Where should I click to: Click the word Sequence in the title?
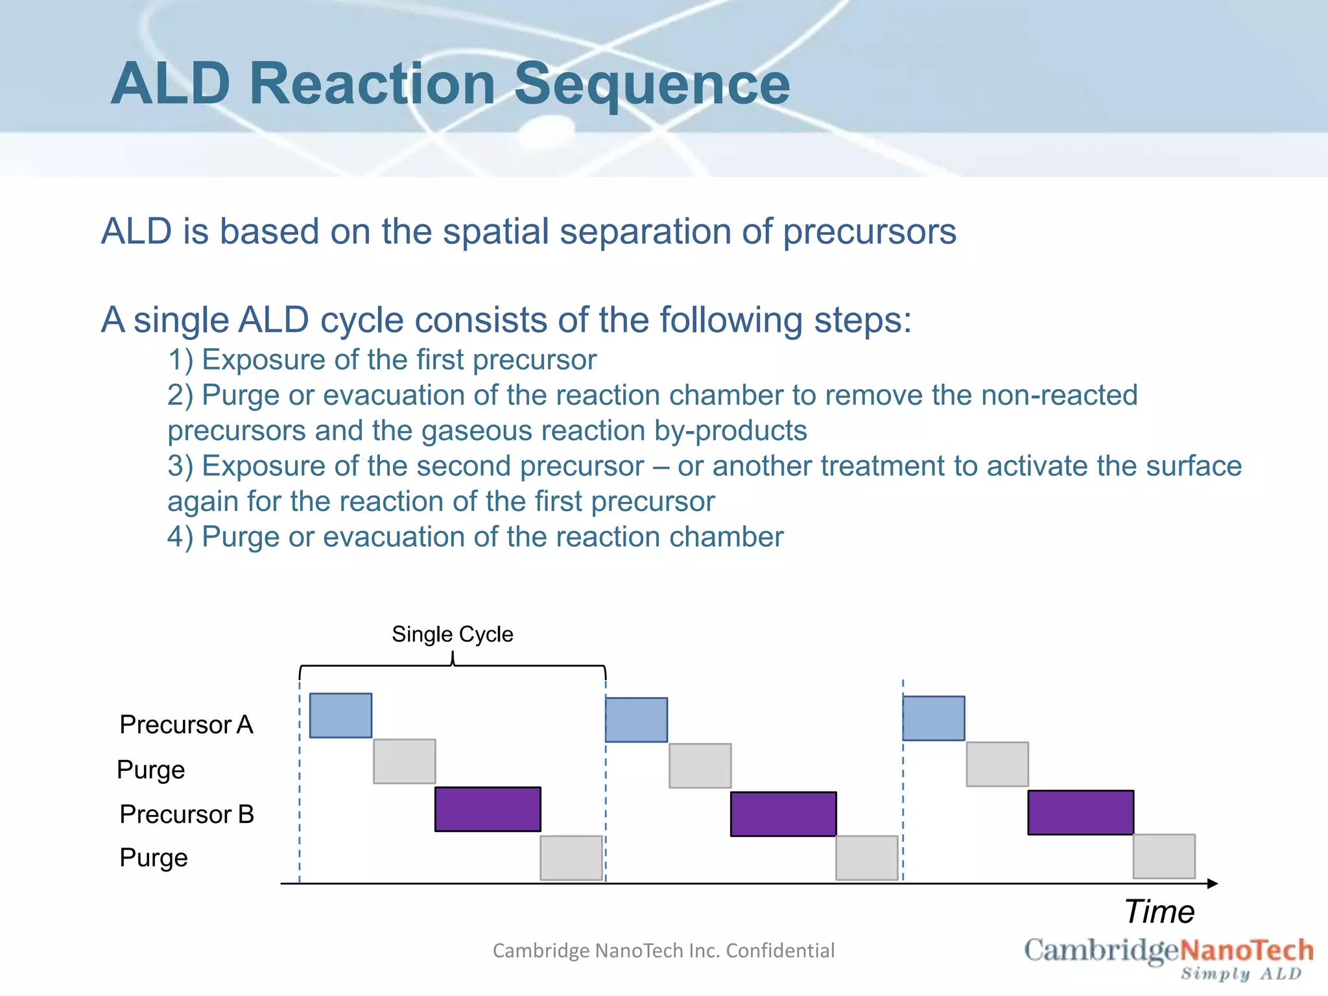coord(652,84)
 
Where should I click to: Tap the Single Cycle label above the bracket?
coord(452,634)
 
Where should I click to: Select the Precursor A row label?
coord(186,724)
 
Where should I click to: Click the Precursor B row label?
coord(187,814)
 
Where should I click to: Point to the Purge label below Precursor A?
coord(151,770)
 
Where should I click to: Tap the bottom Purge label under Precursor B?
coord(154,858)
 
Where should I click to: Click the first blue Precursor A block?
coord(340,715)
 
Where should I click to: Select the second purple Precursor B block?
coord(783,814)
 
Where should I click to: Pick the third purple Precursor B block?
coord(1080,812)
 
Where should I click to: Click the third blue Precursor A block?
coord(933,718)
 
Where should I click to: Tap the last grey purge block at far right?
coord(1164,856)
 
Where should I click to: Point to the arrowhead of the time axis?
coord(1213,883)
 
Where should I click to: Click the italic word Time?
coord(1159,912)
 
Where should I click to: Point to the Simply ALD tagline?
coord(1240,974)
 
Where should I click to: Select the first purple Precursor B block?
coord(488,809)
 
